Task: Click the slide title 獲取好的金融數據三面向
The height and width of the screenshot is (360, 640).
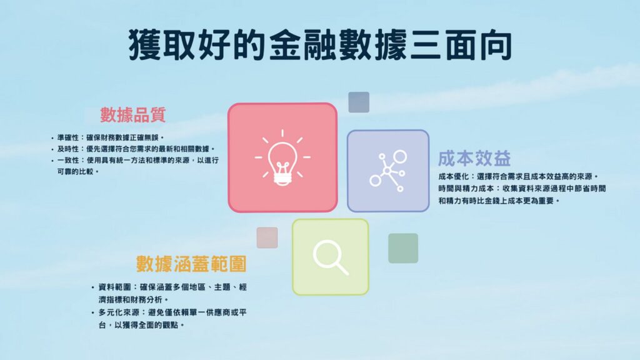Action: (x=320, y=45)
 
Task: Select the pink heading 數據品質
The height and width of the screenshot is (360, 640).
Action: (x=133, y=115)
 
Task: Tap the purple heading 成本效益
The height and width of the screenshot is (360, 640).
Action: (x=474, y=159)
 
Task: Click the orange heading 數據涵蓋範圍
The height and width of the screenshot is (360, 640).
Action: (x=191, y=264)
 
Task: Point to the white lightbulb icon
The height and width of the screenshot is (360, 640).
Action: (x=282, y=158)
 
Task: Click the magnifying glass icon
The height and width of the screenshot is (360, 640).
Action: (x=331, y=257)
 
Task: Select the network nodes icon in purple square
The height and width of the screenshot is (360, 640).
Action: (x=388, y=171)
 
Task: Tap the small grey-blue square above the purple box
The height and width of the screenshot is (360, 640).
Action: (x=359, y=102)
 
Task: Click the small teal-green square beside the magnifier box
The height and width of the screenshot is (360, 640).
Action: (x=403, y=248)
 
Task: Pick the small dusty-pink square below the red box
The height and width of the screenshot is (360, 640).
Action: (x=267, y=237)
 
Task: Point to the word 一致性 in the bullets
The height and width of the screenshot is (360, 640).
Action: (x=67, y=161)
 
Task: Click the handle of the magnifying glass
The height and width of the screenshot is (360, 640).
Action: (x=342, y=268)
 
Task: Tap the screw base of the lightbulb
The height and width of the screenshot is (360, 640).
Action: (x=282, y=179)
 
